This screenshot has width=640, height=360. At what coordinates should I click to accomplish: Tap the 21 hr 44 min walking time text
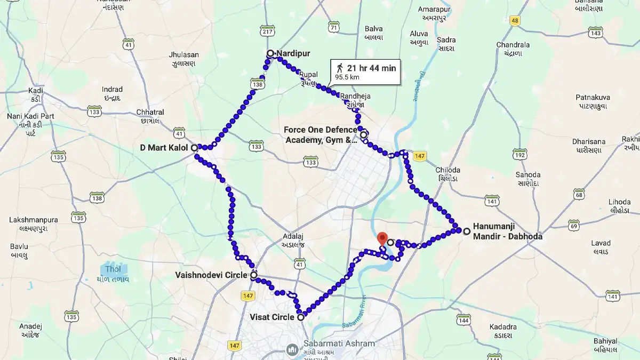(371, 68)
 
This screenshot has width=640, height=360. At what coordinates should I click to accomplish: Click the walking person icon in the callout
(340, 68)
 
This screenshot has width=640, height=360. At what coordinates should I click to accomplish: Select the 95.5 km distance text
(347, 77)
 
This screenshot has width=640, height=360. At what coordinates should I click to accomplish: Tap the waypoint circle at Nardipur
(270, 53)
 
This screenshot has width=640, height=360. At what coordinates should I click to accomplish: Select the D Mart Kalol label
(163, 147)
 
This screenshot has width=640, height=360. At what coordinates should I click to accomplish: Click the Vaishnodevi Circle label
(211, 275)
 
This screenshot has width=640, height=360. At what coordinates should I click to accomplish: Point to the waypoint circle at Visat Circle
(301, 317)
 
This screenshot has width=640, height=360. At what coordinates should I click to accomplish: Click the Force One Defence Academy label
(320, 135)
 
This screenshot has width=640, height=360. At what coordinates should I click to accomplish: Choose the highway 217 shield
(267, 32)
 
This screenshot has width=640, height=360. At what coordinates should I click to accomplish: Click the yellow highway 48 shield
(514, 21)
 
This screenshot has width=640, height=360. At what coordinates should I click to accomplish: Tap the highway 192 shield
(519, 155)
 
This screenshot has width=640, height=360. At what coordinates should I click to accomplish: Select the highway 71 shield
(334, 26)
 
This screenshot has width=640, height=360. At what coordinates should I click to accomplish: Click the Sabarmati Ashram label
(339, 343)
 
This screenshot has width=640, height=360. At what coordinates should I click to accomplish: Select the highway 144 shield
(463, 319)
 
